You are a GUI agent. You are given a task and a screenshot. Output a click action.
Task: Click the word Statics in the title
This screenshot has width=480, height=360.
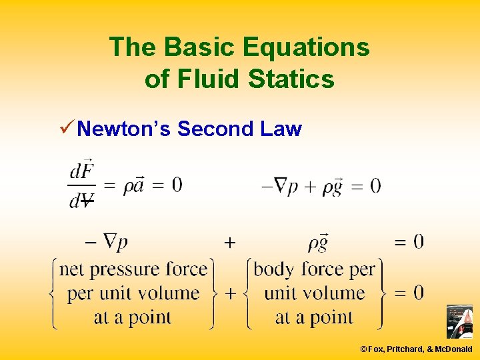[291, 79]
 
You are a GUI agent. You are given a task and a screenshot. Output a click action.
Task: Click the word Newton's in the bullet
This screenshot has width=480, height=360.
[125, 129]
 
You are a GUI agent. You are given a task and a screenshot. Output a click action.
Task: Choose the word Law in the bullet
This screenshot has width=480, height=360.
[282, 129]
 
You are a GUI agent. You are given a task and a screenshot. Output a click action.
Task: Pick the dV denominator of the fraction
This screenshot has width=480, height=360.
[81, 200]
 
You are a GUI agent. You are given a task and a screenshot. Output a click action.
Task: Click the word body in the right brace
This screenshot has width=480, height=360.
[275, 269]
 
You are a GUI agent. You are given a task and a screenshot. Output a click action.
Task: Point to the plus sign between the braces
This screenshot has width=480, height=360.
[230, 293]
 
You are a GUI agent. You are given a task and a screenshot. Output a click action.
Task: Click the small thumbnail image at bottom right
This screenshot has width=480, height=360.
[459, 322]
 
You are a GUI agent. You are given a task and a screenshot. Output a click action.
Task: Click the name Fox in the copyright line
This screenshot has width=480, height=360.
[377, 349]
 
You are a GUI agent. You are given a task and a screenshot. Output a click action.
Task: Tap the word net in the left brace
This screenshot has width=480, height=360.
[73, 270]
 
